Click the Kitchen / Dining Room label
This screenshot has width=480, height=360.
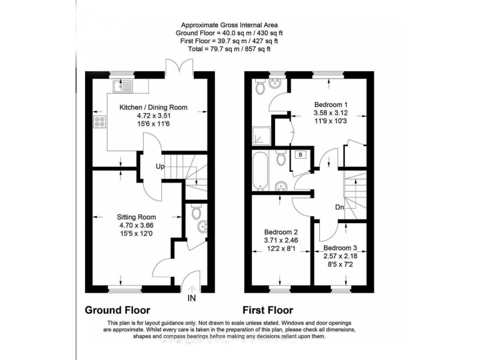[x=153, y=107]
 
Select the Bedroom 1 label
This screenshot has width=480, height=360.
[x=330, y=104]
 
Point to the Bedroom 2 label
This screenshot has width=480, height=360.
[x=278, y=231]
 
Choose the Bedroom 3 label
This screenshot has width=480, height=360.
[x=344, y=247]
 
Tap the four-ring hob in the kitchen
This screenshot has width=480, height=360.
[x=99, y=121]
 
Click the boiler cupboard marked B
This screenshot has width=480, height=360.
[x=300, y=154]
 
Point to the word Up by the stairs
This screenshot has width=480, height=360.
[x=160, y=167]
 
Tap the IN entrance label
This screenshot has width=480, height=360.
[x=191, y=299]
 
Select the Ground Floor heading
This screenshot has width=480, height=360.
[x=117, y=310]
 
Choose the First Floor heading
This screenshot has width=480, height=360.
[x=268, y=310]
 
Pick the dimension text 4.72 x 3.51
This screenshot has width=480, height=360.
[x=153, y=116]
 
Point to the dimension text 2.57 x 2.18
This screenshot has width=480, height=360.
[x=344, y=256]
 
